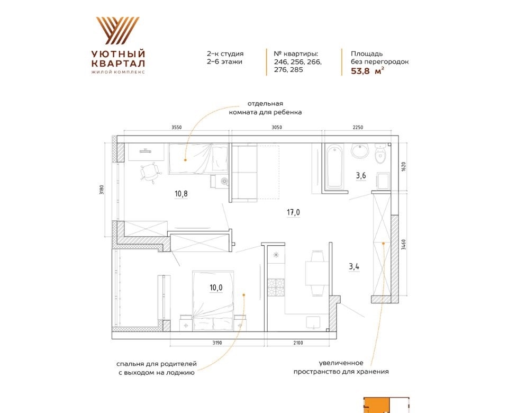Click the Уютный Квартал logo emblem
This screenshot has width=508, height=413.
coord(117,31)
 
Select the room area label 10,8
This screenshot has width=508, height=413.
coord(181,194)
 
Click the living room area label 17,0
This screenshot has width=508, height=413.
coord(293,212)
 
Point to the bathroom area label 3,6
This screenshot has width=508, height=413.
coord(361,176)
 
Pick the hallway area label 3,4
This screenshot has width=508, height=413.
coord(354,267)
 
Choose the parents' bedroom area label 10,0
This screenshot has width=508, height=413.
coord(216,288)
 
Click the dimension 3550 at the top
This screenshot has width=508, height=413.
coord(177,128)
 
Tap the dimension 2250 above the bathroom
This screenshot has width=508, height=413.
coord(358,128)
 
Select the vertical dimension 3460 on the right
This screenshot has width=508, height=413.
coord(403,245)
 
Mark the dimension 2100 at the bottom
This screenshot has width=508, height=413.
coord(298,343)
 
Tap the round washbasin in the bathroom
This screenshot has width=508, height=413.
coord(360,151)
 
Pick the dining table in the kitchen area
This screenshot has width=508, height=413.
coord(315,273)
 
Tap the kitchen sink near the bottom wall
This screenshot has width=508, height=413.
coord(313,323)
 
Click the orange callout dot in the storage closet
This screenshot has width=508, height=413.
coord(383,243)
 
